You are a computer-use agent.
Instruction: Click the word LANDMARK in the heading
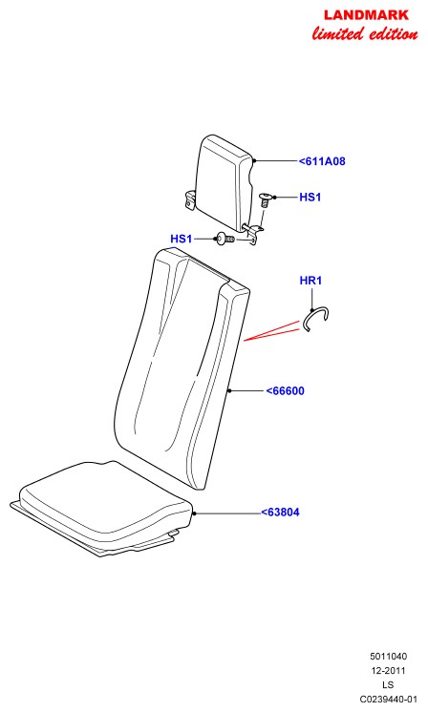tap(366, 15)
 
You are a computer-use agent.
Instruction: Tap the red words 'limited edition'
tap(365, 33)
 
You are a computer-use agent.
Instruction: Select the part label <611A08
tap(322, 161)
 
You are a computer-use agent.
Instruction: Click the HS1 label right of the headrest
tap(310, 197)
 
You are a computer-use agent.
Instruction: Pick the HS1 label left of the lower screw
tap(182, 239)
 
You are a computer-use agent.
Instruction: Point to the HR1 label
tap(310, 281)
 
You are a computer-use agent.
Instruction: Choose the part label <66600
tap(286, 391)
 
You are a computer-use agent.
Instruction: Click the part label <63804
tap(280, 513)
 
